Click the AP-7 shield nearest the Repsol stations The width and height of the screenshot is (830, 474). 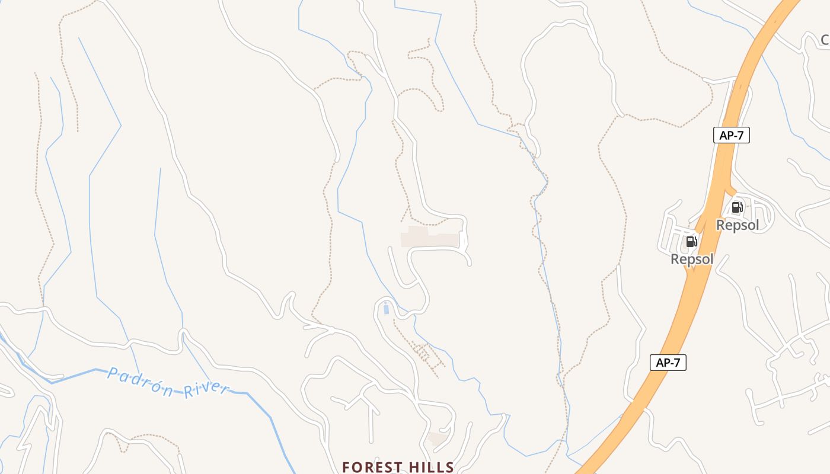click(x=732, y=135)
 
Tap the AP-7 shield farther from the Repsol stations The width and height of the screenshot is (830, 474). click(x=668, y=363)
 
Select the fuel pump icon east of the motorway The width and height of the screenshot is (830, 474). click(x=737, y=207)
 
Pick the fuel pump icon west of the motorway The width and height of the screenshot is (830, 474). click(x=691, y=242)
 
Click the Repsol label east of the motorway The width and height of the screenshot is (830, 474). click(x=738, y=225)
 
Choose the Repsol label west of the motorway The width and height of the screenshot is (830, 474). click(x=692, y=260)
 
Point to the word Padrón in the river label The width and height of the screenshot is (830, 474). click(x=141, y=382)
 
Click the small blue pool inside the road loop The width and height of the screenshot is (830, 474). click(x=387, y=308)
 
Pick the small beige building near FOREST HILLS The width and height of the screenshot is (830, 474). click(x=438, y=439)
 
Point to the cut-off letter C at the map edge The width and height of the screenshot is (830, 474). click(x=825, y=40)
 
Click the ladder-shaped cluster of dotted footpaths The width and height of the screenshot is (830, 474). click(x=424, y=354)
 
